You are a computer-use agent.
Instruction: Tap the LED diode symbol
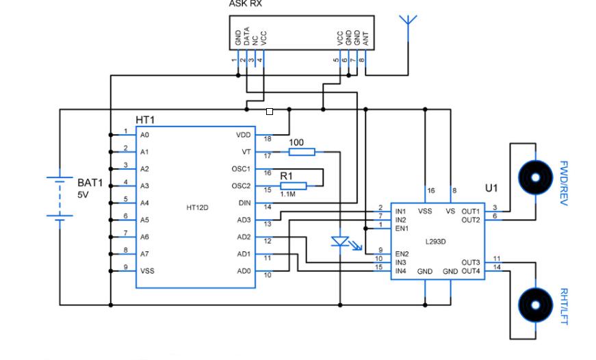(340, 241)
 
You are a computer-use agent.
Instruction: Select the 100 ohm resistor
(301, 152)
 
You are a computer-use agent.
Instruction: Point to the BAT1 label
(90, 183)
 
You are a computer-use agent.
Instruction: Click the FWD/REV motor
(534, 177)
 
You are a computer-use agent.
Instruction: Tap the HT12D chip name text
(197, 207)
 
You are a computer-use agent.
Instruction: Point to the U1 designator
(492, 186)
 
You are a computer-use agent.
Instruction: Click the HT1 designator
(145, 120)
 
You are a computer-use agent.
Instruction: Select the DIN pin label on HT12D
(244, 203)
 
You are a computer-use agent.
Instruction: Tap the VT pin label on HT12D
(247, 152)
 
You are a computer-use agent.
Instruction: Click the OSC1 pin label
(242, 169)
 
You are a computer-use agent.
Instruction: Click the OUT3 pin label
(470, 262)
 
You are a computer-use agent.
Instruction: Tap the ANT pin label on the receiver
(365, 39)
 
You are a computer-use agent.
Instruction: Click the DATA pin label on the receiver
(246, 37)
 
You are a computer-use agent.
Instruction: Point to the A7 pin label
(144, 254)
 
